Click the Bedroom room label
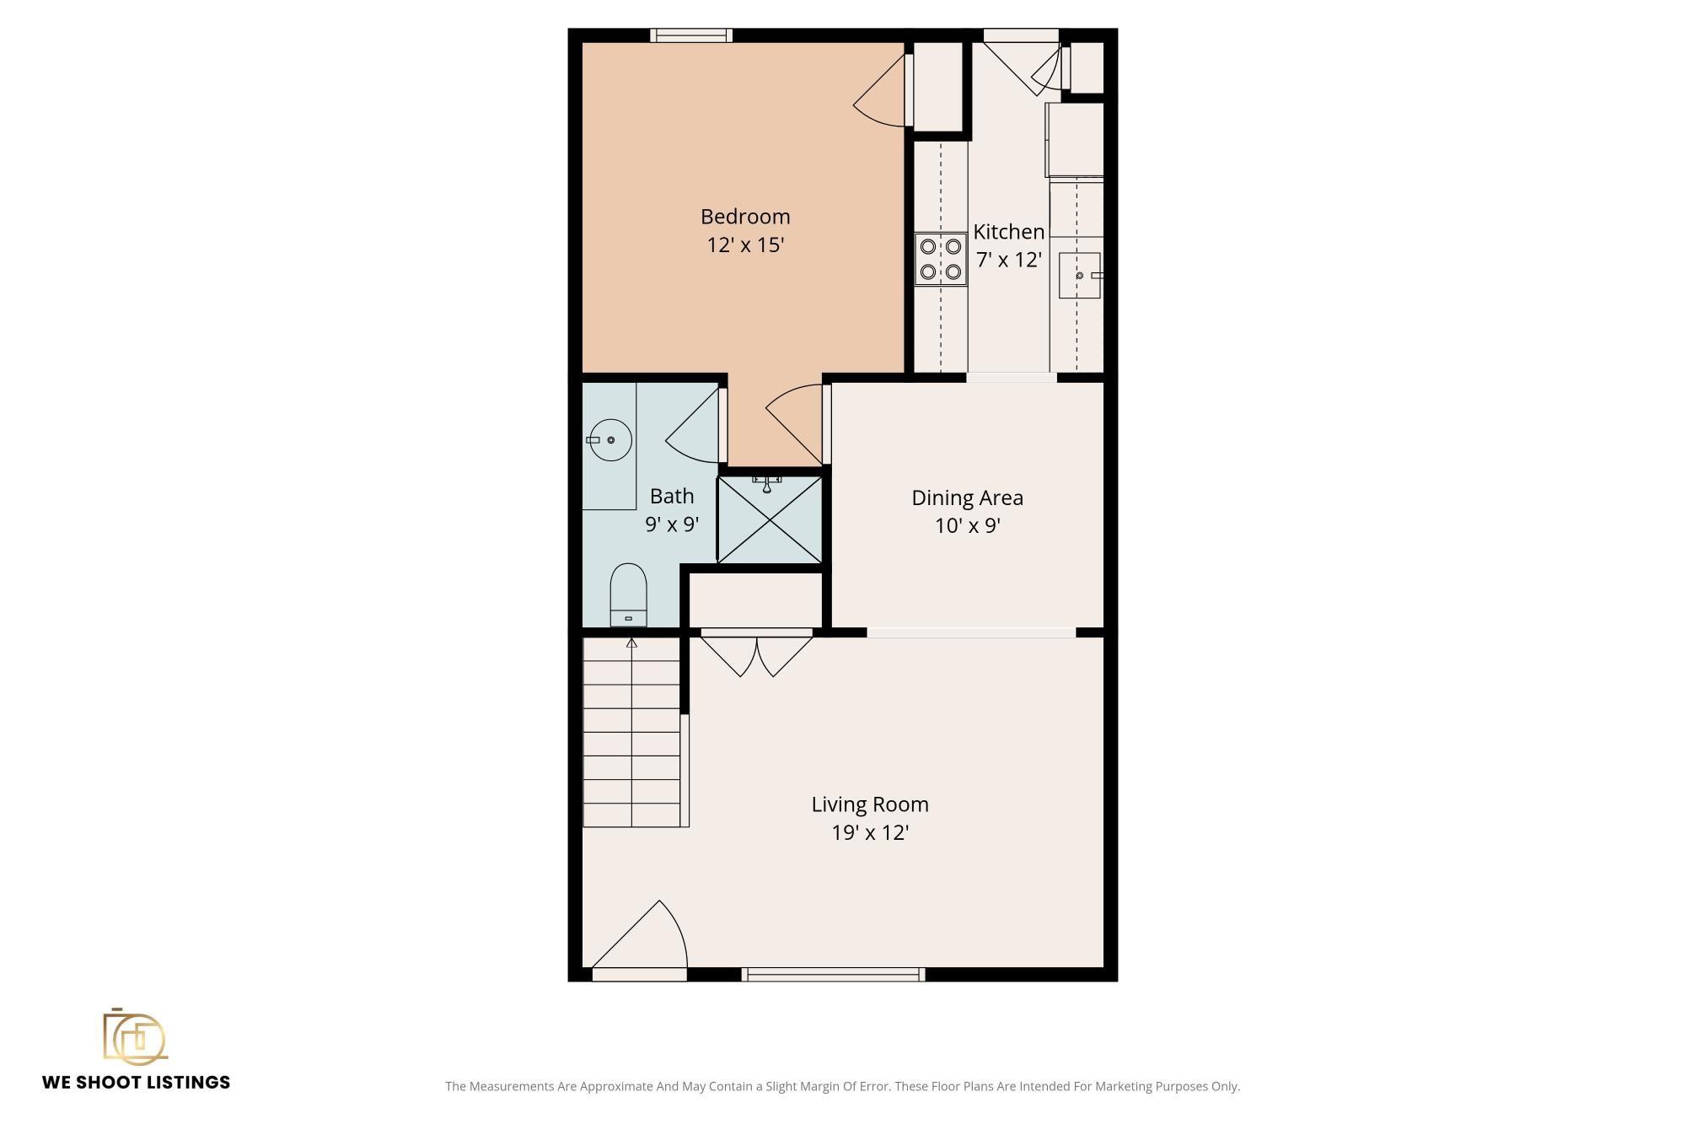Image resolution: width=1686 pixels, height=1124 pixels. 745,217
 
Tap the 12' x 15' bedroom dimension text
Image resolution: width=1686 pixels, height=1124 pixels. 745,245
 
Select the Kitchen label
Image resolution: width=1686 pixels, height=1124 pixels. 1009,231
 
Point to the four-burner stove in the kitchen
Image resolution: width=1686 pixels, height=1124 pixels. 941,260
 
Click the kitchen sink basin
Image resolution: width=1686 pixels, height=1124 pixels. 1080,275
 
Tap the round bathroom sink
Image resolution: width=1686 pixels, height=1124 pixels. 610,440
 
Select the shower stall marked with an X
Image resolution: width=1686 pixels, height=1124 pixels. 770,519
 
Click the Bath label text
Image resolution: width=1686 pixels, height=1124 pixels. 672,496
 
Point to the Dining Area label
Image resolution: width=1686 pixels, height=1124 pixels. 967,497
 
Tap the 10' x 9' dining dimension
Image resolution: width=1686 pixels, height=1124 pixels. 967,526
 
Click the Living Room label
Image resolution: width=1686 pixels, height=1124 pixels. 870,804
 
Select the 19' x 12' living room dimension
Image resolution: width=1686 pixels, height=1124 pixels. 870,833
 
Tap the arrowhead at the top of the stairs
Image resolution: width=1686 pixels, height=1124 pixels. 631,643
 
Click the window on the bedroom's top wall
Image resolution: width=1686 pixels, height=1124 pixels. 691,35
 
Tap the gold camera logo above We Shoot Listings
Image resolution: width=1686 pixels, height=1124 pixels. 135,1035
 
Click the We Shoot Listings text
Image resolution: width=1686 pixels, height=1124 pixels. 136,1083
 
